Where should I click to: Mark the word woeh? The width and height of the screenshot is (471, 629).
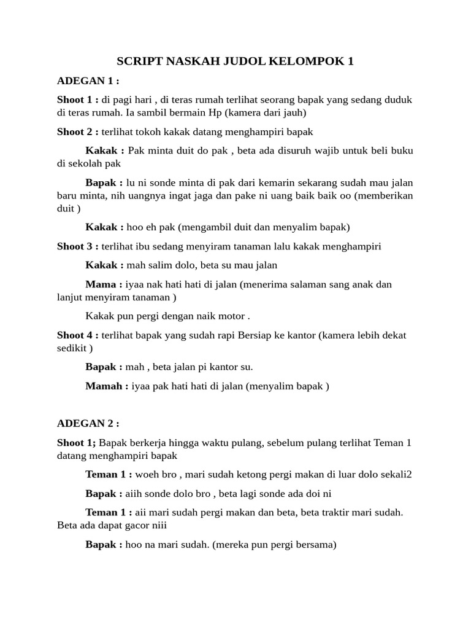click(x=147, y=474)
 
